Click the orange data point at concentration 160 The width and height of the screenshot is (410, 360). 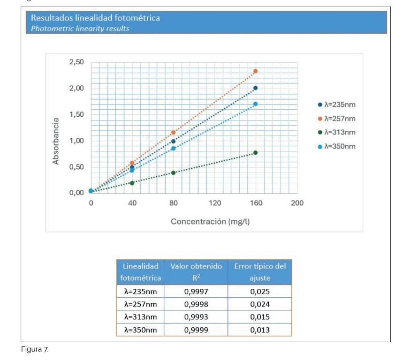256,71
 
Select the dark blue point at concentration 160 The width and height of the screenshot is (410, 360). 256,88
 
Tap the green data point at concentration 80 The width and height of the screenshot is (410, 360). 173,172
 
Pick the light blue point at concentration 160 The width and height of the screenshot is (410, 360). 256,104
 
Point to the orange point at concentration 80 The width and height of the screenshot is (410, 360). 173,133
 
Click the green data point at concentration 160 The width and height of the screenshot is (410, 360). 256,152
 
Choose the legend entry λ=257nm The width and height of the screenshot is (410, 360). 337,119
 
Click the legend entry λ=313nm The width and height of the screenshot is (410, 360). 337,132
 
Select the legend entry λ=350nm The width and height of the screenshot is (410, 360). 337,146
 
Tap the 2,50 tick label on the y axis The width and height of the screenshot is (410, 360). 76,62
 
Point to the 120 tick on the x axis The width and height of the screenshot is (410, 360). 215,203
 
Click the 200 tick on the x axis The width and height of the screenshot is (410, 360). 297,203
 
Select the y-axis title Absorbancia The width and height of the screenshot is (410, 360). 55,141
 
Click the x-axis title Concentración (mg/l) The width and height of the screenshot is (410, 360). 210,222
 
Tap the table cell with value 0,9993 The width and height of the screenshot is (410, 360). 196,317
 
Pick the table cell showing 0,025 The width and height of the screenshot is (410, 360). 260,291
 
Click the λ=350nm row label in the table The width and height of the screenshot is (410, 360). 140,330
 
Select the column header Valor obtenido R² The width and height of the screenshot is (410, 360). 196,272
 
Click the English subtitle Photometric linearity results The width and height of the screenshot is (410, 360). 80,29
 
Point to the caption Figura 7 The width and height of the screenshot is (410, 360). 35,349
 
